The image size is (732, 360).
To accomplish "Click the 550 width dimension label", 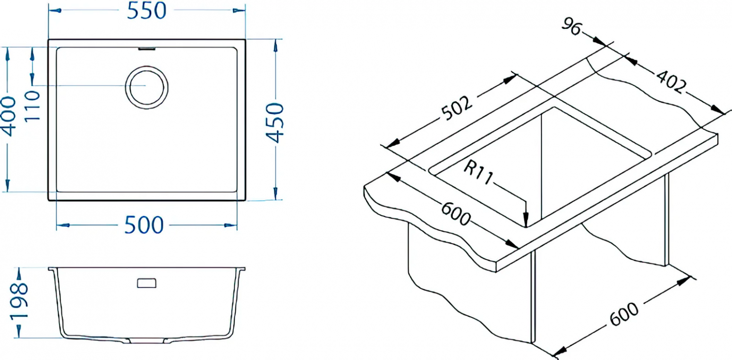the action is [x=147, y=11].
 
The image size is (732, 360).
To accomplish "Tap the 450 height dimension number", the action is [x=274, y=123].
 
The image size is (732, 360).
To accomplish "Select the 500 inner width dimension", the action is [x=144, y=225].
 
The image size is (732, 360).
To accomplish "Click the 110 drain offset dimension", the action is [x=32, y=106].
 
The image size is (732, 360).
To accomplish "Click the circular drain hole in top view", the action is [x=147, y=87].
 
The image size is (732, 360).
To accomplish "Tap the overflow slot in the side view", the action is [x=147, y=283].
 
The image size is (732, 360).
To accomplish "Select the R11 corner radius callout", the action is [x=478, y=172].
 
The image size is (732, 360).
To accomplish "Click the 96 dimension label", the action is [x=571, y=26].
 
